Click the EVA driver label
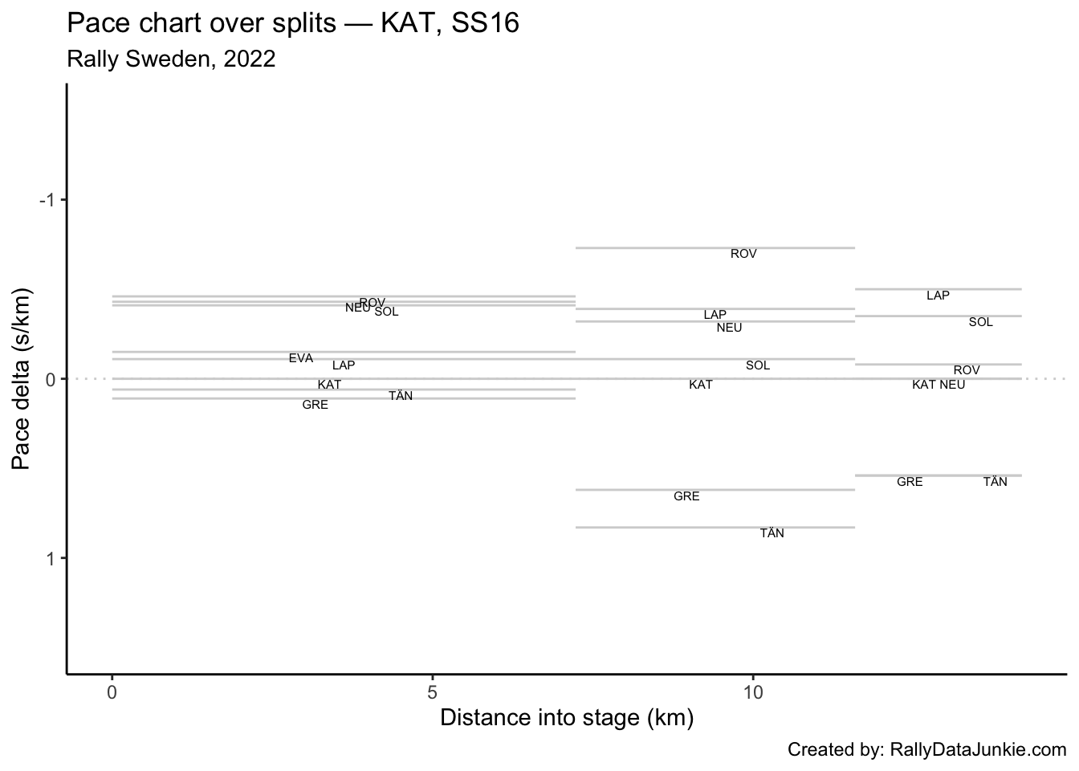coord(301,358)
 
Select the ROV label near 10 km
coord(743,254)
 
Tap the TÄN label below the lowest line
coord(772,533)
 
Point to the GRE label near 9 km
coord(686,496)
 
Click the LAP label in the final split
coord(938,296)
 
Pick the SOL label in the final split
coord(980,322)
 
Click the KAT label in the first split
coord(329,385)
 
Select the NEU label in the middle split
coord(729,328)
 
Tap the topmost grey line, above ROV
coord(715,247)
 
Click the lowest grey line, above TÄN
coord(715,527)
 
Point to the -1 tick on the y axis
coord(49,199)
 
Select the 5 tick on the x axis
coord(433,691)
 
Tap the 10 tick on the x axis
coord(752,691)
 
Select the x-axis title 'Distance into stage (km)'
coord(567,717)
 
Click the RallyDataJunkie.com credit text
coord(978,749)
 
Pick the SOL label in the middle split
coord(757,365)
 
